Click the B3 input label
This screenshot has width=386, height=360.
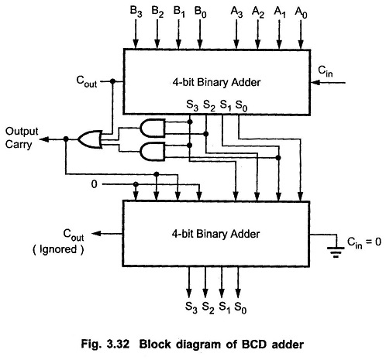[136, 12]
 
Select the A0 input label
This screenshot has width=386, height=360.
[301, 12]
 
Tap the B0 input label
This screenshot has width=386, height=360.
[201, 12]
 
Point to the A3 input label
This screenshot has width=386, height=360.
[236, 12]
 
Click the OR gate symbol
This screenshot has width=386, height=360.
[90, 139]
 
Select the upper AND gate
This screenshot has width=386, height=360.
[153, 128]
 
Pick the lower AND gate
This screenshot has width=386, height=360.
[153, 152]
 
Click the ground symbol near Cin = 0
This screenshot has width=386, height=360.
[336, 252]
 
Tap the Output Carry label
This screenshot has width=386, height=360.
[22, 138]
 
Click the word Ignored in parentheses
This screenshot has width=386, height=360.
[58, 249]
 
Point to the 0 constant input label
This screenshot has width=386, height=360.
[95, 184]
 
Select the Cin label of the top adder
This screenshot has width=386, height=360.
[326, 71]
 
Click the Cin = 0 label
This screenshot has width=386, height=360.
[364, 243]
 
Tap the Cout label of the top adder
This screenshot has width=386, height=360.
[87, 81]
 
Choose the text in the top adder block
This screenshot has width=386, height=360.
[216, 82]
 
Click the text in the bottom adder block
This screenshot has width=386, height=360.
[215, 234]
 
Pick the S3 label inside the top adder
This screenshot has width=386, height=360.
[192, 105]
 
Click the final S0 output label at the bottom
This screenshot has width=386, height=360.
[240, 307]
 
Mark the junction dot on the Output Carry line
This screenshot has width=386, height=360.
[66, 139]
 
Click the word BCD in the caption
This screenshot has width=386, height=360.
[254, 345]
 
